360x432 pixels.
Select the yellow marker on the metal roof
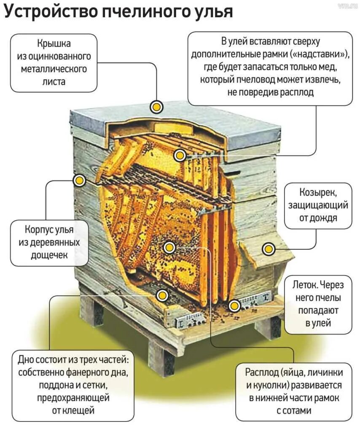pos(157,107)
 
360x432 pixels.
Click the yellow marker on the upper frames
pos(180,156)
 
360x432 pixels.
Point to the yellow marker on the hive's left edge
pos(79,181)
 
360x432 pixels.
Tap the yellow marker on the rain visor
pos(268,249)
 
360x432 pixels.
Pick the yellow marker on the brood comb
pos(169,248)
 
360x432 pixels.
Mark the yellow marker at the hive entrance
pos(234,305)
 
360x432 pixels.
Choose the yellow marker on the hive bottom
pos(162,295)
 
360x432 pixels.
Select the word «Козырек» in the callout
pos(318,193)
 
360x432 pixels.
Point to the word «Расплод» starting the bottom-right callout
pos(264,373)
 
